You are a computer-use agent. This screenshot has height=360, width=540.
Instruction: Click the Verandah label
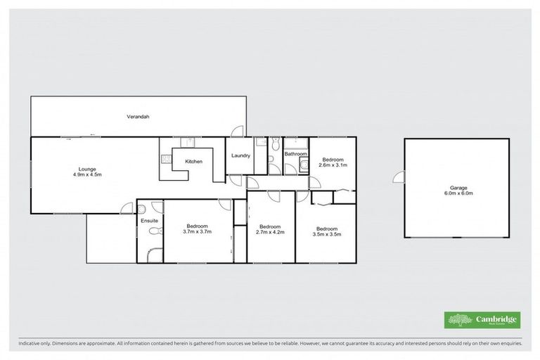pyautogui.click(x=139, y=117)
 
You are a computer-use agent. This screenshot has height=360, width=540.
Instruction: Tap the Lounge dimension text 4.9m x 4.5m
pyautogui.click(x=87, y=174)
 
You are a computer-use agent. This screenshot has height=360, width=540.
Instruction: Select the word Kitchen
pyautogui.click(x=193, y=162)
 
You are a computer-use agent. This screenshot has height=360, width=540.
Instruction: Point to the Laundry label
pyautogui.click(x=240, y=155)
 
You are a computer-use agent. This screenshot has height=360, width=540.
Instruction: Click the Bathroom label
pyautogui.click(x=295, y=154)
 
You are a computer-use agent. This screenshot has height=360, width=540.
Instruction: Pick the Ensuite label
pyautogui.click(x=149, y=221)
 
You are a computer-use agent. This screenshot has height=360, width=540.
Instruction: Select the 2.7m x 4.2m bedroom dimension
pyautogui.click(x=270, y=231)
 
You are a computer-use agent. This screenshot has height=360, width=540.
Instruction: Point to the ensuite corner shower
pyautogui.click(x=155, y=254)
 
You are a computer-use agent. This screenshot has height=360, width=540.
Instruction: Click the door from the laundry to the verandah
pyautogui.click(x=238, y=131)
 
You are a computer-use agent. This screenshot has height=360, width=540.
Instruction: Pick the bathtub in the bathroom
pyautogui.click(x=295, y=143)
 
